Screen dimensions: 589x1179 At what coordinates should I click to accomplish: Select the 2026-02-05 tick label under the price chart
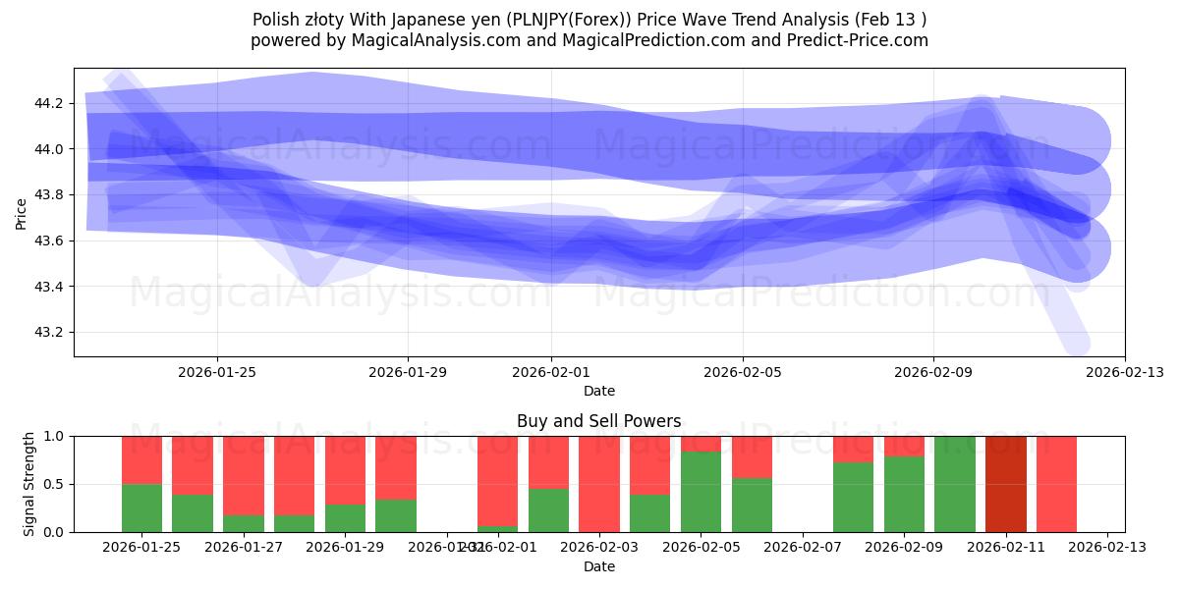pos(742,372)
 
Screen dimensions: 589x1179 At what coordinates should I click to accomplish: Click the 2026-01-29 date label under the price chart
pos(408,372)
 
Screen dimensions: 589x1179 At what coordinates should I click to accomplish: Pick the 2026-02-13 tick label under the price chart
pos(1124,372)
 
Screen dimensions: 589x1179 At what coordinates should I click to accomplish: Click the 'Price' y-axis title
pos(22,212)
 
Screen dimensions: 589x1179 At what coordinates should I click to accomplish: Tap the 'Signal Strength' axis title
pos(29,483)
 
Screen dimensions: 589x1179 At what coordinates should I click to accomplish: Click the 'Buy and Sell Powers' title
pos(598,421)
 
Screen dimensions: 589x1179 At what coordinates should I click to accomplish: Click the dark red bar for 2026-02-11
pos(1005,484)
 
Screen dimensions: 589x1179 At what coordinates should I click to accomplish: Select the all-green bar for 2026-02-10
pos(955,484)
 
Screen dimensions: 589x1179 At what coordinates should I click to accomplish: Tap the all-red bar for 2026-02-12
pos(1056,484)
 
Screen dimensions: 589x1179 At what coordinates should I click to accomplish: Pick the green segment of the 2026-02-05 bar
pos(701,492)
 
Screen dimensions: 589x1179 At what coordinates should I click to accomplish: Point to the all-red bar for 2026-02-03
pos(599,484)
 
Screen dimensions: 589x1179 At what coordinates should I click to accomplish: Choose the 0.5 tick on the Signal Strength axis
pos(55,484)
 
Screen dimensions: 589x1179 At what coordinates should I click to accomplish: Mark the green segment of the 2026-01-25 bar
pos(142,508)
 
